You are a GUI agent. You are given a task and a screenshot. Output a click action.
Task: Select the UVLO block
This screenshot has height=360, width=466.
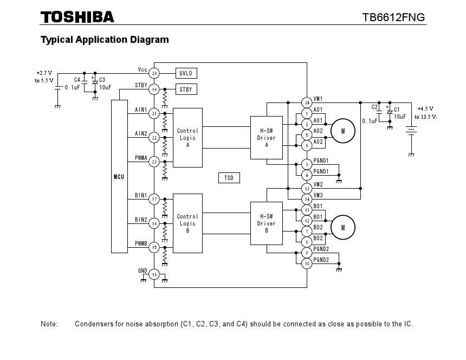coord(186,73)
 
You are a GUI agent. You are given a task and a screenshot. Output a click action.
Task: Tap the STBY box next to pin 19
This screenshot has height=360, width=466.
coord(186,89)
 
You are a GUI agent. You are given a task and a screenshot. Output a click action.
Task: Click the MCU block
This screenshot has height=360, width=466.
coord(119,176)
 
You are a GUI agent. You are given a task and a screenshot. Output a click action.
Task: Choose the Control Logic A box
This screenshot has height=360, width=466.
coord(187,138)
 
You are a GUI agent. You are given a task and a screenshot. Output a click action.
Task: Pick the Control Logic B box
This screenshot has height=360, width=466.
coord(187,223)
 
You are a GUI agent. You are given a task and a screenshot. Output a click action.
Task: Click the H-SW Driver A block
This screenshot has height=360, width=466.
coord(266,138)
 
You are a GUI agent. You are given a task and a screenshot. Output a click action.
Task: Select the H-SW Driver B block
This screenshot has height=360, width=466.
coord(266,223)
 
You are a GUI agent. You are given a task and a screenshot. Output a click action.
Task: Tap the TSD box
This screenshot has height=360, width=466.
coord(229,178)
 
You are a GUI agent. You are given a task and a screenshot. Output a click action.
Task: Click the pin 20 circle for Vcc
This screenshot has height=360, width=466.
coord(154,73)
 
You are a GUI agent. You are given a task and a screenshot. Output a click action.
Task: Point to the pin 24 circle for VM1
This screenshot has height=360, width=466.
coord(307,102)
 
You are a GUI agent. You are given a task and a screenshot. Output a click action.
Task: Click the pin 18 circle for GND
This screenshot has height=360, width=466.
coord(154,275)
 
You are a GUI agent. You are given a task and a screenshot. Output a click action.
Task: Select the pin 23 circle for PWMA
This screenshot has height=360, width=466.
coord(154,162)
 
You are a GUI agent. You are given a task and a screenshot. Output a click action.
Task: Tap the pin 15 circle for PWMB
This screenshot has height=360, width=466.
coord(154,248)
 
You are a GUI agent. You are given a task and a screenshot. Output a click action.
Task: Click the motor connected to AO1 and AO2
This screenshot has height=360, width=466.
coord(342,131)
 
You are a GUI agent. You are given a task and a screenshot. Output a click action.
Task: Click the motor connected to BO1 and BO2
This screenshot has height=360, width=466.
coord(342,228)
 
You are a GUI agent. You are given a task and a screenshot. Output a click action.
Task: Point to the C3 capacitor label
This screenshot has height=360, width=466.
coord(102,80)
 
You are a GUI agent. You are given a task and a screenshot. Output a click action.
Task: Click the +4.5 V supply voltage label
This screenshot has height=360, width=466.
coord(425,108)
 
